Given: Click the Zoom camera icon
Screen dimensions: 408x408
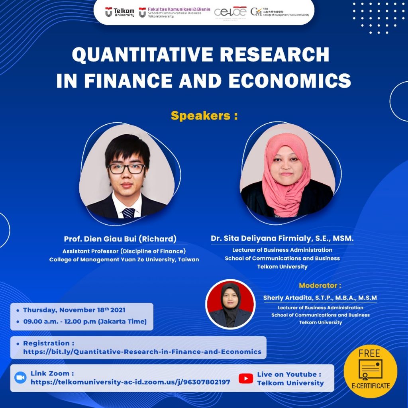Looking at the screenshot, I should (20, 378).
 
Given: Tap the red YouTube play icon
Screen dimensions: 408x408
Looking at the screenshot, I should (246, 379).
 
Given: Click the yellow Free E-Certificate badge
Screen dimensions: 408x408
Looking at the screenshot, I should (370, 371).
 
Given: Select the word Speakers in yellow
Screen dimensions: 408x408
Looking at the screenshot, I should (201, 116).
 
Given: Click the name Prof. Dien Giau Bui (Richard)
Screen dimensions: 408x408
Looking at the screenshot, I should (120, 239).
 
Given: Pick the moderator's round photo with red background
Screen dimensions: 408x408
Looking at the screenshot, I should (230, 304).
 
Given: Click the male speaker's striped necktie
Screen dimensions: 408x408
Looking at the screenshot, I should (128, 213).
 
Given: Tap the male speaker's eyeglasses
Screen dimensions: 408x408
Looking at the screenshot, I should (127, 169).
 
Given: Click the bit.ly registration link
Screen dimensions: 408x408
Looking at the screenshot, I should (142, 351).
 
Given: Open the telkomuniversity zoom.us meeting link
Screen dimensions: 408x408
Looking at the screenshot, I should (130, 382).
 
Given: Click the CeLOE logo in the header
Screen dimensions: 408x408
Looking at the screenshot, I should (230, 12).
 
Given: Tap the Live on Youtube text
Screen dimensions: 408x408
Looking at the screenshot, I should (289, 374).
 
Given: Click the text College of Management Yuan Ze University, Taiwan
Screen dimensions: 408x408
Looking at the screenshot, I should (124, 259).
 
